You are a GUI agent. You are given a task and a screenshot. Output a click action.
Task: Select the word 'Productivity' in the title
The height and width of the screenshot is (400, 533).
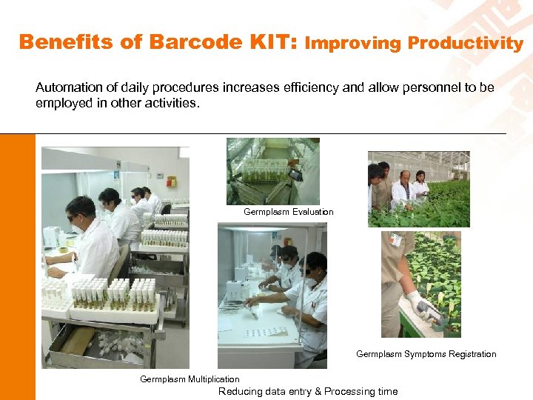[x=466, y=43]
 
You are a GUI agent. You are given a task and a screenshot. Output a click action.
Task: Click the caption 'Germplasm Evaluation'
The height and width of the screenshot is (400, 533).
[x=288, y=212]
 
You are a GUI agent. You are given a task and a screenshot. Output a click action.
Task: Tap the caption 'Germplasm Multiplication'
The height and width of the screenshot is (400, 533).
[x=190, y=379]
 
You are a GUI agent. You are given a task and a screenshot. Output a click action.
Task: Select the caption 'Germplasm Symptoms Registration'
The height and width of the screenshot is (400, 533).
[x=426, y=354]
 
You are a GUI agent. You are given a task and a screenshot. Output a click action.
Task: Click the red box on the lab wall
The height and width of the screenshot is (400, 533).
[x=171, y=181]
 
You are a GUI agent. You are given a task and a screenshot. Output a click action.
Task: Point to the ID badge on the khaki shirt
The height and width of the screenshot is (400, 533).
[x=396, y=241]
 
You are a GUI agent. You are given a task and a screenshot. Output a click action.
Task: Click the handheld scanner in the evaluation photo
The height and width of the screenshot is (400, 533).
[x=294, y=174]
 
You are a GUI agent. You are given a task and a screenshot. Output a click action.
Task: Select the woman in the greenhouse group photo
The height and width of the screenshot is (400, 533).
[x=420, y=184]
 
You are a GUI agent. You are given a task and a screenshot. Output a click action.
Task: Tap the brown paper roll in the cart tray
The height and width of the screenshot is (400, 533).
[x=77, y=341]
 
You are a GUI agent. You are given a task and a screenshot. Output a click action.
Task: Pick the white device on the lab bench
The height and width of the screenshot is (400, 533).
[x=51, y=237]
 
